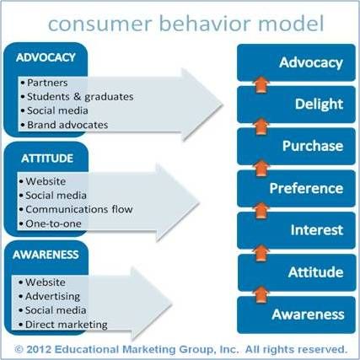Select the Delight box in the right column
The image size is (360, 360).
tap(296, 105)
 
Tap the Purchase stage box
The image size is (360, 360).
tap(296, 146)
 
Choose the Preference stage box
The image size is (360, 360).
tap(296, 188)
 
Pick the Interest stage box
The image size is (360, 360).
tap(296, 230)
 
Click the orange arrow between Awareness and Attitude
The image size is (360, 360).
tap(261, 294)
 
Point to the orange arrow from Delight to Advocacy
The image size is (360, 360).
tap(261, 84)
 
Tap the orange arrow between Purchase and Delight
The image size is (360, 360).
tap(261, 126)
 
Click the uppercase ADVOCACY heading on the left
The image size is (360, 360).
tap(46, 57)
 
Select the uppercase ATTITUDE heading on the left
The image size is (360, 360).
tap(47, 159)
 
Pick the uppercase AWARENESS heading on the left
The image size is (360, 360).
tap(46, 255)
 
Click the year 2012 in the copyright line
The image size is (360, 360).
tap(39, 349)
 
